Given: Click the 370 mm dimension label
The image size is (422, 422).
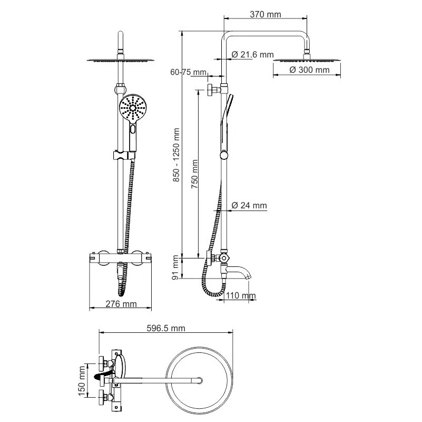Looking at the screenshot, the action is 266,14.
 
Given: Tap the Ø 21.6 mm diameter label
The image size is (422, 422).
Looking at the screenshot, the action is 252,55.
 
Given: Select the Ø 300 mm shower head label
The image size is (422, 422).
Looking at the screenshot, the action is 309,70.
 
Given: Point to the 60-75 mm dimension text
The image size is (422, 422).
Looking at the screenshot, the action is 189,72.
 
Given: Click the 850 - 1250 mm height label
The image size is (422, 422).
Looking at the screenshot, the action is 176,155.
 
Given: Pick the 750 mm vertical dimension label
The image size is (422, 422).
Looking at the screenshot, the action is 194,174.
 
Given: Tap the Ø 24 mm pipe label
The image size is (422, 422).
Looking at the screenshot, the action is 249,205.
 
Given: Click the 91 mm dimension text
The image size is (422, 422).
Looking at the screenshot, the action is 175,267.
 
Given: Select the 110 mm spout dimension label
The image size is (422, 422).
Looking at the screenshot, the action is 241,295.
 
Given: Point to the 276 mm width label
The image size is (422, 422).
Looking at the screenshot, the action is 121,304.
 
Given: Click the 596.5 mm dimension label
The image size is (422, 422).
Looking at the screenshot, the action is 166,328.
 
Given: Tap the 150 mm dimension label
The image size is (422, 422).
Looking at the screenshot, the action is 82,381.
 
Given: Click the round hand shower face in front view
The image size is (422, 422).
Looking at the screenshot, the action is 133,108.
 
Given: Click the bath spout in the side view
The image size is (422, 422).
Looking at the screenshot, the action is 239,272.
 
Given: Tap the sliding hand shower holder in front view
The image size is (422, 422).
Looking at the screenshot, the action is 123,156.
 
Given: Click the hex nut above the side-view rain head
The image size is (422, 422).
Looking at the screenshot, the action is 307,51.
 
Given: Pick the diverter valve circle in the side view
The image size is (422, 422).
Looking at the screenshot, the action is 224,258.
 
